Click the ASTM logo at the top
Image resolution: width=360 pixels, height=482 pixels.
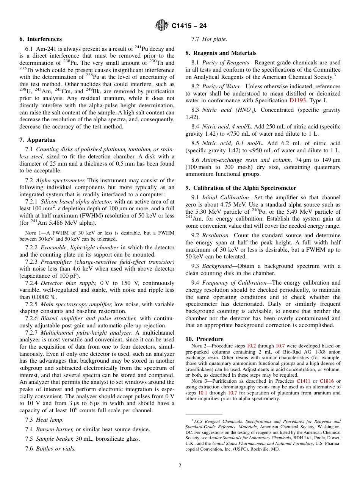162,26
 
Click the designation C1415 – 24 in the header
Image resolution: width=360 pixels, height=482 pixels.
189,26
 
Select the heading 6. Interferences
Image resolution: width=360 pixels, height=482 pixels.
41,39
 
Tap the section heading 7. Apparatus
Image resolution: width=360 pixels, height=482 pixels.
37,140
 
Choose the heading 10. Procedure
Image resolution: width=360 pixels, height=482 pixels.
204,339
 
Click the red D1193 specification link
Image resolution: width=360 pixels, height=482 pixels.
297,100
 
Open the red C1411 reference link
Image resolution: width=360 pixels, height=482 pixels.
303,381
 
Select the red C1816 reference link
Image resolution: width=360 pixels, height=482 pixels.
326,381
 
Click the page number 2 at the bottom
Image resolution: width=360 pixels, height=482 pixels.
180,466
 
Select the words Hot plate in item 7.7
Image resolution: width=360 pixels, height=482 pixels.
214,39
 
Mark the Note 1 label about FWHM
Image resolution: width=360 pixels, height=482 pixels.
33,233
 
